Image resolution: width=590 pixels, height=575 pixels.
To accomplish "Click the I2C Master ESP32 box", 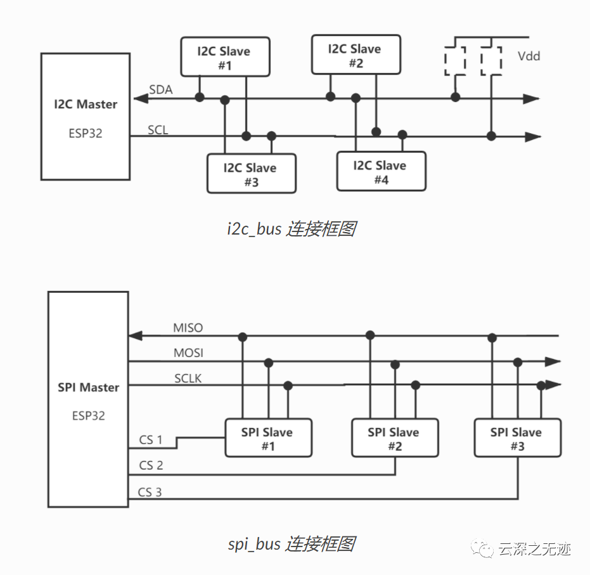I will [86, 117].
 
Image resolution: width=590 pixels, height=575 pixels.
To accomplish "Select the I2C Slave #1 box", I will [224, 58].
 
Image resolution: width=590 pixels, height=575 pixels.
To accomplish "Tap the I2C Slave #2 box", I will [356, 55].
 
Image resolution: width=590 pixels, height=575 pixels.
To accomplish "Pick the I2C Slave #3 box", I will [251, 174].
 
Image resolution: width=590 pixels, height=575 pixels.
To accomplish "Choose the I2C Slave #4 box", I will [381, 172].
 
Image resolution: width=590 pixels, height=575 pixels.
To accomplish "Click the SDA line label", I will [161, 90].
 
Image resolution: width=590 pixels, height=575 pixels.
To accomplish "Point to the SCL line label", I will [158, 130].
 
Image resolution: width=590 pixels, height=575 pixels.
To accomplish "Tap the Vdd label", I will [529, 56].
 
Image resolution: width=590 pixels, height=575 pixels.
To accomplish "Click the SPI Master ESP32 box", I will [88, 399].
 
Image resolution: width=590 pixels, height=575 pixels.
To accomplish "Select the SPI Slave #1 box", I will [268, 438].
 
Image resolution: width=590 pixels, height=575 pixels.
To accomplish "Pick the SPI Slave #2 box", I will [394, 438].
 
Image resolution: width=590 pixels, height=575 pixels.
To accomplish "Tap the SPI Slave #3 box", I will [517, 438].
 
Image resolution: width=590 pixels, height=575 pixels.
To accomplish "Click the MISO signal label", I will [188, 328].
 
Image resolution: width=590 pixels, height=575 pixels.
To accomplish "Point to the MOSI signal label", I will [188, 352].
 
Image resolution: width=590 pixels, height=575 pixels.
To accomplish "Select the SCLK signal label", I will [188, 378].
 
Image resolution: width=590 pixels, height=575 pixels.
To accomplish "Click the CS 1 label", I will [151, 439].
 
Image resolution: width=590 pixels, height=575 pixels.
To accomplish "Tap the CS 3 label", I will [150, 492].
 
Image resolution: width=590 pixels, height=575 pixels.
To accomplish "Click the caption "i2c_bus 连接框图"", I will [292, 229].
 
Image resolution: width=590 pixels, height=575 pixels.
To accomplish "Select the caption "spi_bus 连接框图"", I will [292, 543].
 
